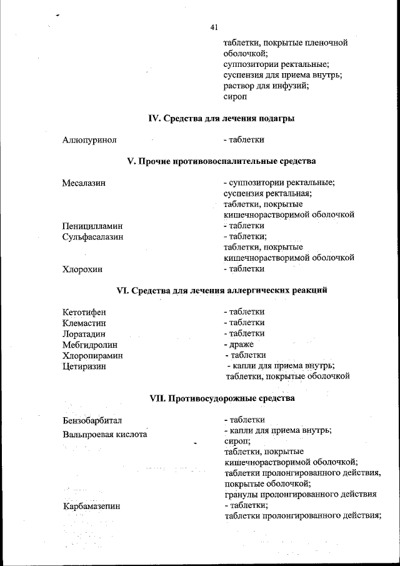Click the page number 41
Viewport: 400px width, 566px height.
(x=214, y=27)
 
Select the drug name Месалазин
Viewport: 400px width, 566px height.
(x=83, y=183)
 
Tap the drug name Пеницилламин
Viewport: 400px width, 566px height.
(x=92, y=226)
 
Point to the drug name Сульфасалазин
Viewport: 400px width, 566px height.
(x=92, y=237)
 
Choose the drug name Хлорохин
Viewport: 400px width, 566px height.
(x=82, y=270)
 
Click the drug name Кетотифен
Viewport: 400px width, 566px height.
(x=84, y=312)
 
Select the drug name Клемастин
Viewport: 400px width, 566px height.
(x=84, y=323)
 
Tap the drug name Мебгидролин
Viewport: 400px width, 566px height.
(x=90, y=345)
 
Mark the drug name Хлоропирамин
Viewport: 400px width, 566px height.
(x=92, y=355)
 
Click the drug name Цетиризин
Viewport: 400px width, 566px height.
(x=84, y=366)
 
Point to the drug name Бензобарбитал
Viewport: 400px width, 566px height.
(x=92, y=420)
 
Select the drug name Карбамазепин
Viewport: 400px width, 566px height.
(x=91, y=506)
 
